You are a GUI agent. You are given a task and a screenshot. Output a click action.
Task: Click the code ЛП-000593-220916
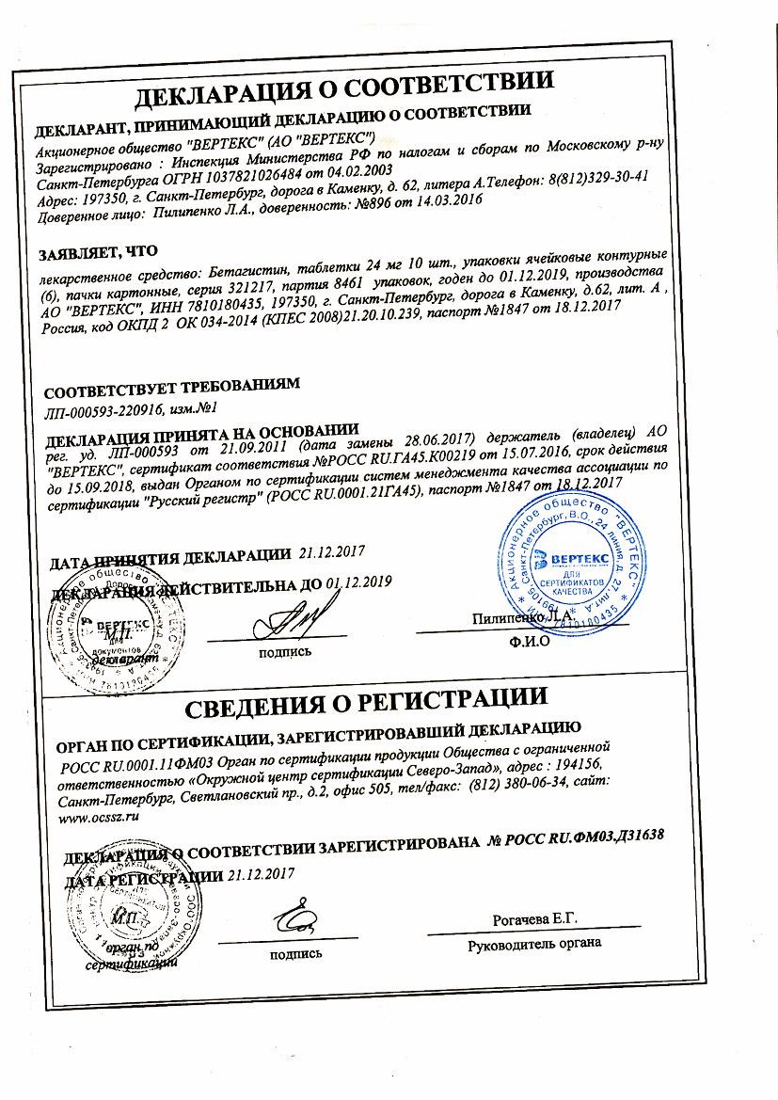pos(104,409)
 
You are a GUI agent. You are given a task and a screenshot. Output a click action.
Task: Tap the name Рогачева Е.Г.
pos(534,918)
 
